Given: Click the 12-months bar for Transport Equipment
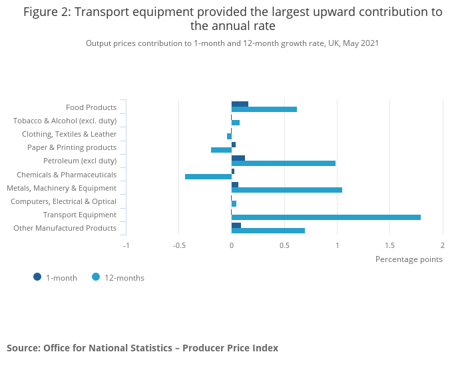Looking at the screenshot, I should point(326,217).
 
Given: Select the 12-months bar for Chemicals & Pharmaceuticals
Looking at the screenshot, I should point(208,177).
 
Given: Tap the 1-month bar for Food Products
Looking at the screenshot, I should point(240,104).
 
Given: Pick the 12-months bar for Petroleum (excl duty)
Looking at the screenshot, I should point(284,163).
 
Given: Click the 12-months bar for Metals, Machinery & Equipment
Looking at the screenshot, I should point(287,190).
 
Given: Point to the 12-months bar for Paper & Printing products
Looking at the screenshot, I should point(221,150).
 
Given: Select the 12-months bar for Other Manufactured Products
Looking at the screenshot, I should point(268,231).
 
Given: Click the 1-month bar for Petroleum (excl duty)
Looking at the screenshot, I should point(238,158).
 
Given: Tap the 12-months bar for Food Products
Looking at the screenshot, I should point(264,109).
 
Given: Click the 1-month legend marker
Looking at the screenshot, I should point(37,277).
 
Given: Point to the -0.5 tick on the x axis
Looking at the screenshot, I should point(179,245).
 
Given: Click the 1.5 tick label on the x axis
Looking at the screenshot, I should point(389,245).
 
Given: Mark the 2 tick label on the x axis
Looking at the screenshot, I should point(442,245).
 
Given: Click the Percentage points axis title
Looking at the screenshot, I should point(409,259).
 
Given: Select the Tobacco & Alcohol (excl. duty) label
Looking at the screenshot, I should point(65,121).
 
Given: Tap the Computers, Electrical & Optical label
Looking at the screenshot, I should point(63,201).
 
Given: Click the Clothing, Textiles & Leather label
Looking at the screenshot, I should point(69,134).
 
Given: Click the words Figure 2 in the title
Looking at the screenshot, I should point(47,11).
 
